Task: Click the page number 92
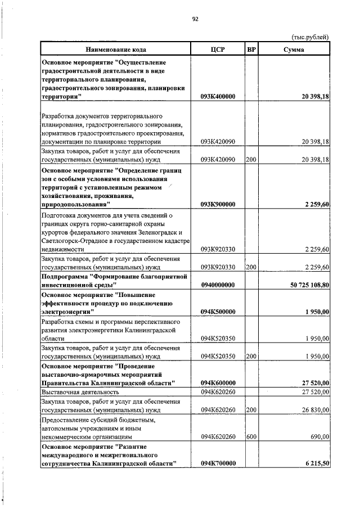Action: [195, 19]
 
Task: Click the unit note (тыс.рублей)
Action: [309, 37]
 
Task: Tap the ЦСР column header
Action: [217, 49]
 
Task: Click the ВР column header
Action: [251, 49]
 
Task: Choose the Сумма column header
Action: [294, 49]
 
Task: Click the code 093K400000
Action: [218, 97]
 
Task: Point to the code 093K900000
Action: [218, 204]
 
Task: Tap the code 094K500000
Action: [218, 312]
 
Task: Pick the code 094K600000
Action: [218, 383]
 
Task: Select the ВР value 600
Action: [251, 436]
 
